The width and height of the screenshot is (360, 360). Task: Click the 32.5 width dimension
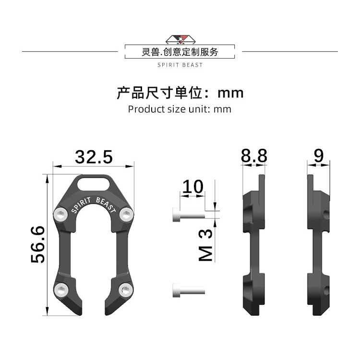94,157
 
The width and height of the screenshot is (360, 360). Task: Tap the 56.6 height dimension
38,244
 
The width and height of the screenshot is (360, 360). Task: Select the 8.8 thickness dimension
254,156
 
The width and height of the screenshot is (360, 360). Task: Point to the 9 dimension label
319,156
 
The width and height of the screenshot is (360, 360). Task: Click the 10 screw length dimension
192,186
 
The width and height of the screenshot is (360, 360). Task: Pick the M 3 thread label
205,245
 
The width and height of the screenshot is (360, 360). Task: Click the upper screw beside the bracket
189,215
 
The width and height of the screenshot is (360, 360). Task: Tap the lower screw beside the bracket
189,290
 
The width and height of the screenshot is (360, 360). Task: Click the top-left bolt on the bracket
60,215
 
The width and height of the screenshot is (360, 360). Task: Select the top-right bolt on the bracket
126,215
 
